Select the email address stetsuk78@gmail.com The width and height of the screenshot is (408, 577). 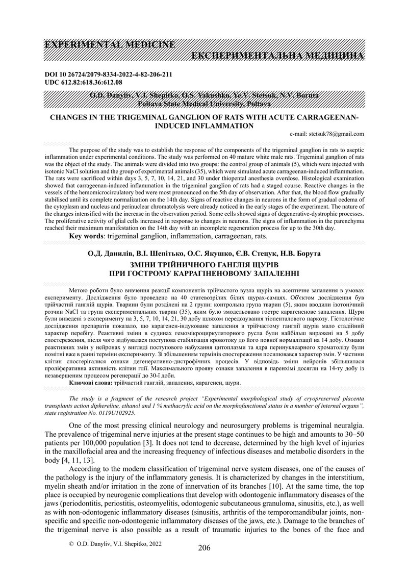point(333,134)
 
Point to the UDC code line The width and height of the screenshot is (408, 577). point(84,82)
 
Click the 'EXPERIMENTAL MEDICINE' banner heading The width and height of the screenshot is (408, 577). point(110,44)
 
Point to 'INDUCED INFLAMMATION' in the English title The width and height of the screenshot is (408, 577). point(204,126)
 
